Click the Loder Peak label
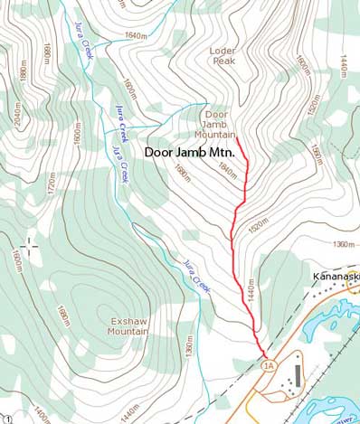tap(222, 57)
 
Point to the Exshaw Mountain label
tap(128, 326)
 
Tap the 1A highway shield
tap(268, 365)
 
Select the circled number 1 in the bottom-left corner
tap(7, 418)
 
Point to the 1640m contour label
tap(135, 37)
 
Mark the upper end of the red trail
tap(238, 138)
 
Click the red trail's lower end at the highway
tap(263, 354)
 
